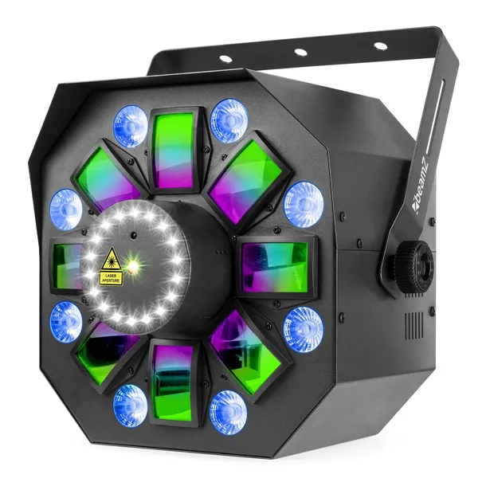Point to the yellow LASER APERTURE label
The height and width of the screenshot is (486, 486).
coord(111,277)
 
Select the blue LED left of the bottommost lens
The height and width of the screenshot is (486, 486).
coord(129,404)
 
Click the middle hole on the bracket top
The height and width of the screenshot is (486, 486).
coord(300,53)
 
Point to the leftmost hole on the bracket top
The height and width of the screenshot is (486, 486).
coord(226,59)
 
